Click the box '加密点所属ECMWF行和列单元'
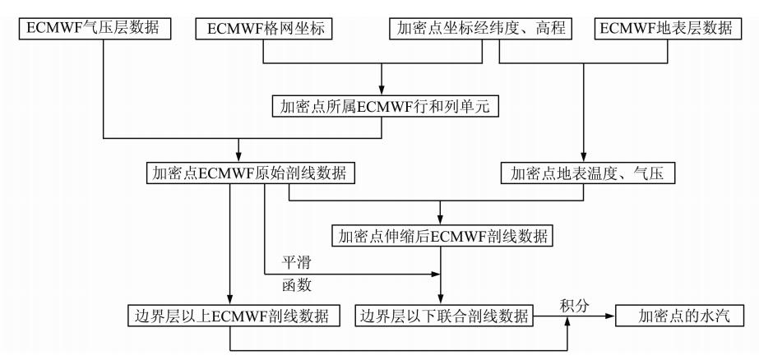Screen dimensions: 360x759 point(384,106)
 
